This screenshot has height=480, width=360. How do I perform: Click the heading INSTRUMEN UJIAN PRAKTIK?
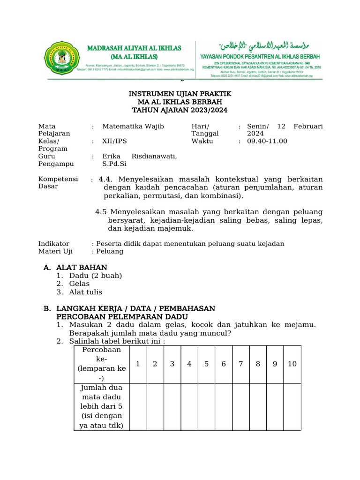click(180, 94)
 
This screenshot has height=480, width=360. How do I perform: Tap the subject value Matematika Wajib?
click(133, 126)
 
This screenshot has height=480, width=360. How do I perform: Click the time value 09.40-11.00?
click(267, 141)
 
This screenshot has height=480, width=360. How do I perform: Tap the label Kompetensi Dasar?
click(58, 183)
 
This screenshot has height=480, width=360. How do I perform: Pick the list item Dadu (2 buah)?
click(96, 276)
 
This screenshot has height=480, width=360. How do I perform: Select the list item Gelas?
click(79, 284)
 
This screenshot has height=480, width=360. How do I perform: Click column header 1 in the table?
click(138, 364)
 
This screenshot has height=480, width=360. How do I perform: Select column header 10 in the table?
click(292, 364)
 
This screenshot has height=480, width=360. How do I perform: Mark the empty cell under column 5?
click(206, 406)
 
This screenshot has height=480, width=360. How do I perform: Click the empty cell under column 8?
click(258, 406)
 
